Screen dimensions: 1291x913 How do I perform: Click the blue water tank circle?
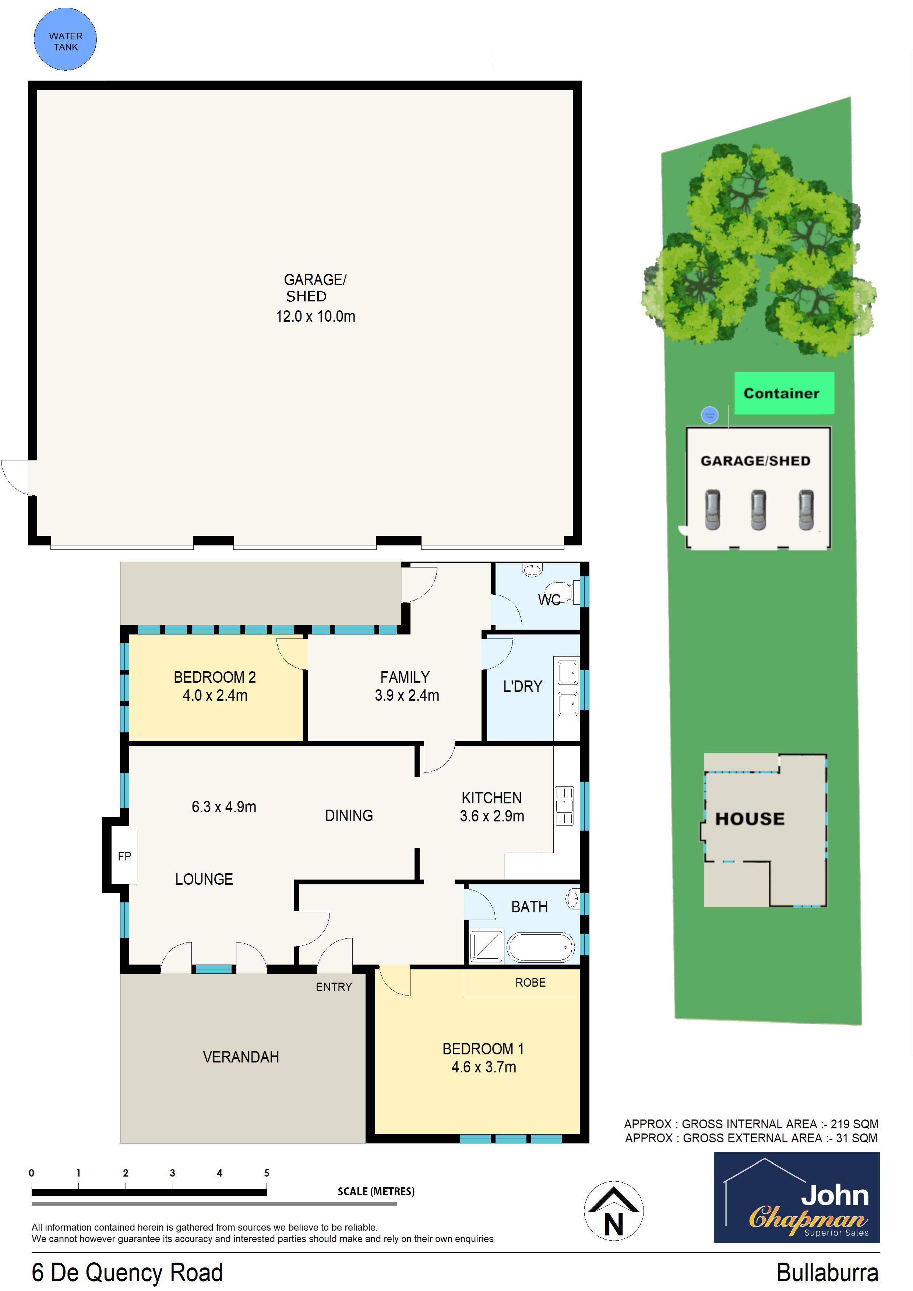65,39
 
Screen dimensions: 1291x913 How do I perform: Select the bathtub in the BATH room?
540,947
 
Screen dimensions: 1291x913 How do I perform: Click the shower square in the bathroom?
486,947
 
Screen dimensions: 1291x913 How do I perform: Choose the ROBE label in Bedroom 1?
530,982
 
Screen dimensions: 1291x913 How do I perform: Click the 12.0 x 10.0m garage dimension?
315,316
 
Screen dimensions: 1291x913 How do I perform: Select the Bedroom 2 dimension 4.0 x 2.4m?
215,696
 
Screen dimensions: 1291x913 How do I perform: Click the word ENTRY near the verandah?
334,987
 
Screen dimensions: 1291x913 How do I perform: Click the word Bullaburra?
827,1273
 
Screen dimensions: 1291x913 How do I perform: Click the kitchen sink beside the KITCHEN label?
564,805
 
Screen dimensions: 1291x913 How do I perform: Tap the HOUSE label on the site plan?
749,819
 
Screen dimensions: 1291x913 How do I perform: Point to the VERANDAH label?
241,1057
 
